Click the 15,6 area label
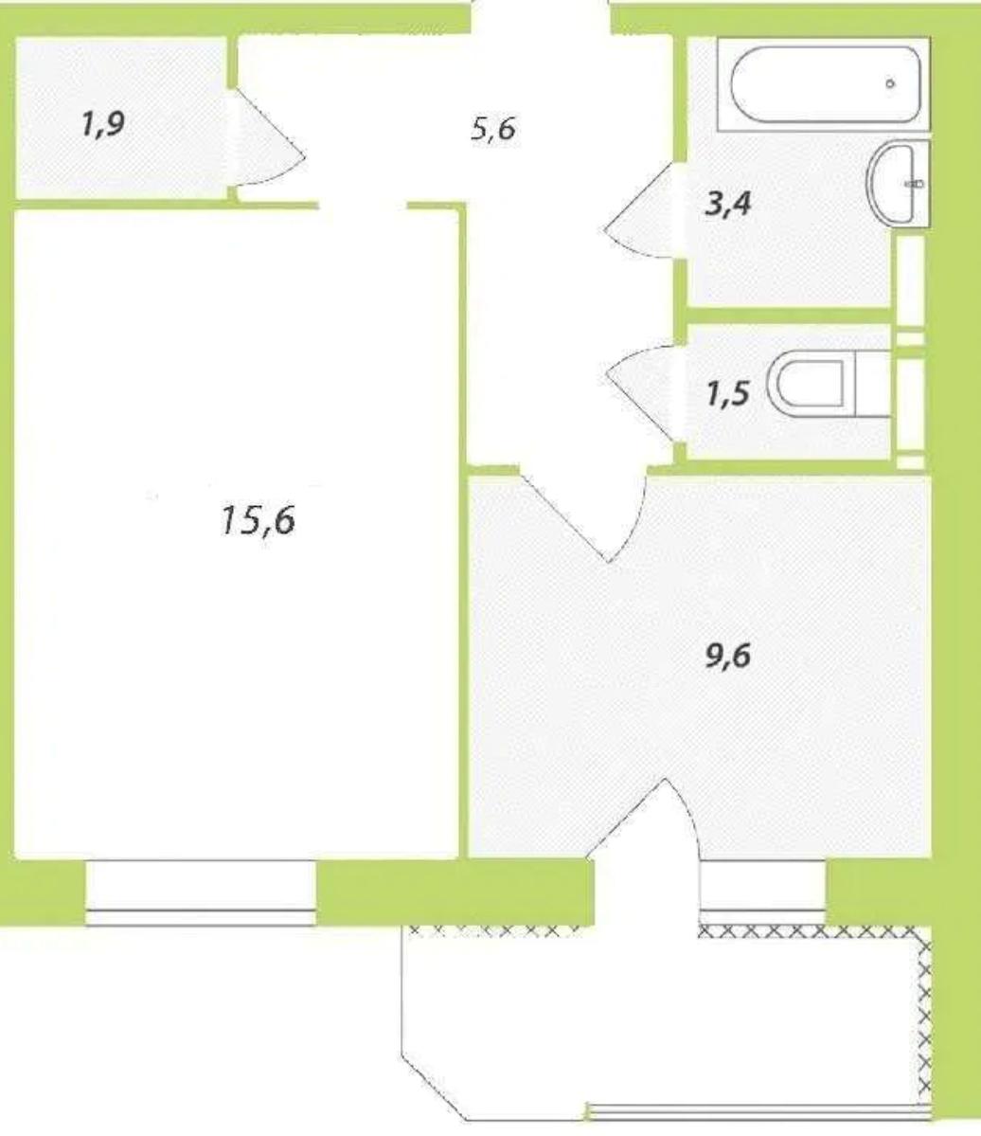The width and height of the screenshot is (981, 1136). pos(258,521)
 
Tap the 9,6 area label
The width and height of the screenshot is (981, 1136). pos(727,656)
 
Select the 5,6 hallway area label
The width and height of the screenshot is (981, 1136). pos(493,130)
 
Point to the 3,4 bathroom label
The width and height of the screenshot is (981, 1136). pos(727,204)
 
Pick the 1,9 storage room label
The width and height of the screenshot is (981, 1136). pos(103,124)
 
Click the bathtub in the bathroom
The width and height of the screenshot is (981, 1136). pos(825,84)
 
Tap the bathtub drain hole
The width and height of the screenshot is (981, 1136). pos(890,84)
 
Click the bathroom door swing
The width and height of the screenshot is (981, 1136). pos(641,210)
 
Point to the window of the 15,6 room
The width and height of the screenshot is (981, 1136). pos(201,893)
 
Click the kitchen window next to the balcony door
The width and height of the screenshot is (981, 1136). pos(763,893)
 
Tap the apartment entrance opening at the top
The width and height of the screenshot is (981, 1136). pos(542,17)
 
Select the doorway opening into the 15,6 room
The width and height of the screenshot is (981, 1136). pos(363,206)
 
